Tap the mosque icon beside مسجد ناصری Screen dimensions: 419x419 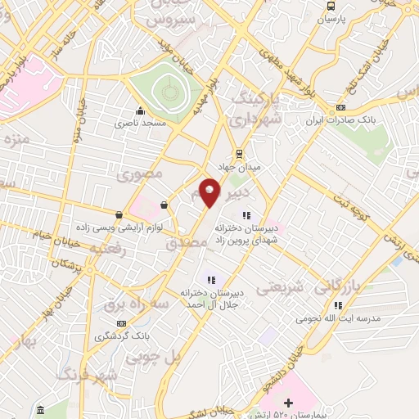point(140,110)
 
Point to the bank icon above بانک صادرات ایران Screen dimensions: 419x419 point(340,107)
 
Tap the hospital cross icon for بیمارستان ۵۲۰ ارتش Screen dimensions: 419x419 point(287,402)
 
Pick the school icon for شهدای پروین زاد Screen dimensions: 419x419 point(246,215)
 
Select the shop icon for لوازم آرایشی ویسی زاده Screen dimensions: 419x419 point(119,214)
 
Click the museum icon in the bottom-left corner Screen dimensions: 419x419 point(40,408)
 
